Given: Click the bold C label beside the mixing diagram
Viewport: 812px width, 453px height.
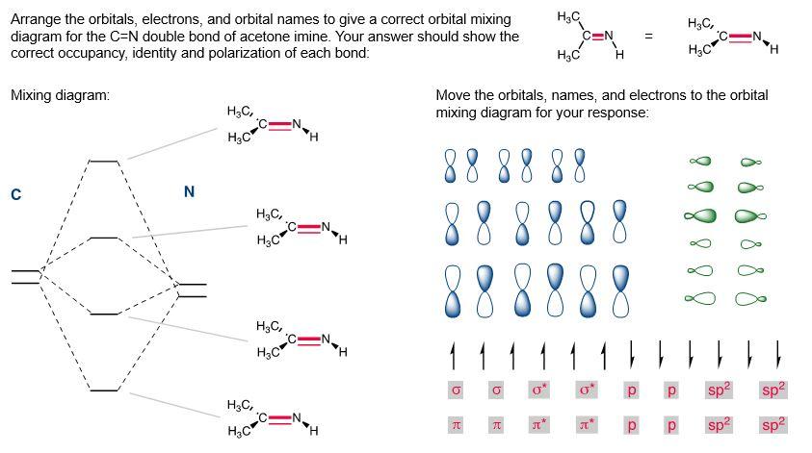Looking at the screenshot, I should coord(15,195).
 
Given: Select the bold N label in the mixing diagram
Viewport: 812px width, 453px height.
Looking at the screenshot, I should coord(189,192).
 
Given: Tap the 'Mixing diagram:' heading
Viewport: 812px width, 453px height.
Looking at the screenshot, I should coord(60,95).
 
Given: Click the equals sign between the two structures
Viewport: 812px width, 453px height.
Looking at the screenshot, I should coord(648,37).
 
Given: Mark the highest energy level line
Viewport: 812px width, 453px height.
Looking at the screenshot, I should coord(103,161).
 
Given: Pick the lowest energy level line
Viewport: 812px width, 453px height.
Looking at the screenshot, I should coord(103,390).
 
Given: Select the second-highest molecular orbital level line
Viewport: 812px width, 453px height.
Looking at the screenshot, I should coord(103,237).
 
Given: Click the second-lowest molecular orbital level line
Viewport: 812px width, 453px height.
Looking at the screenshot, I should coord(103,314).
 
